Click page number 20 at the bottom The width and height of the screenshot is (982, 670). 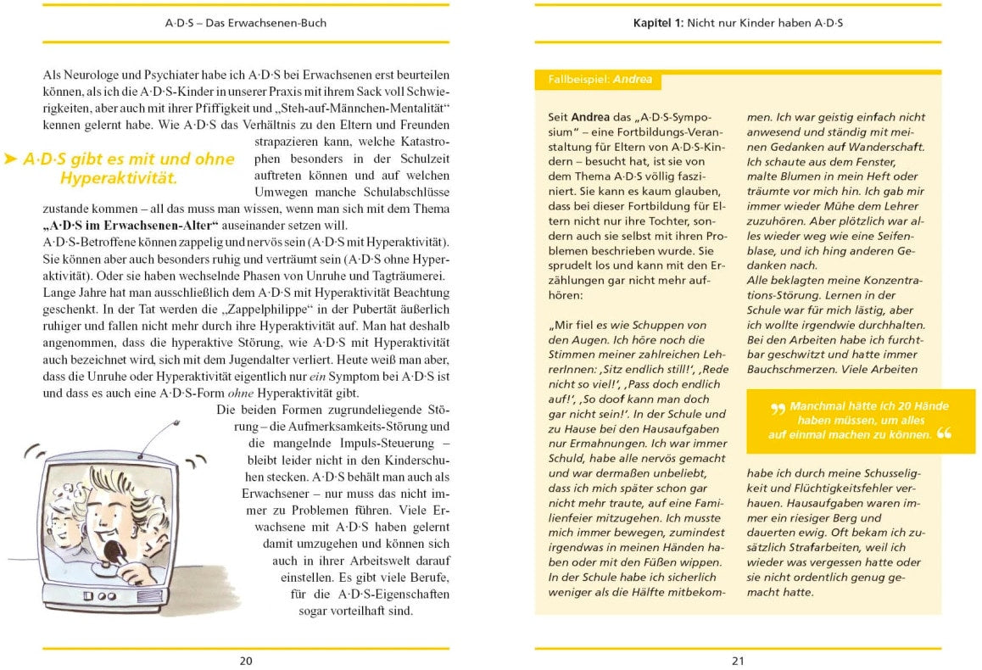click(246, 661)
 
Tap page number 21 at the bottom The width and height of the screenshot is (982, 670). click(738, 661)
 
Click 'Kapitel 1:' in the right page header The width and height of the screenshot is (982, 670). click(663, 23)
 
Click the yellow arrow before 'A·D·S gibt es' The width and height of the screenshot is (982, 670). click(10, 159)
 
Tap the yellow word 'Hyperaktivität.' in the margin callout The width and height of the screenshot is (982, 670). click(118, 178)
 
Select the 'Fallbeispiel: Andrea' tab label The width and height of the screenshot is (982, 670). click(598, 80)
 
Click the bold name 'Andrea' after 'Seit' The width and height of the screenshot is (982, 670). click(589, 117)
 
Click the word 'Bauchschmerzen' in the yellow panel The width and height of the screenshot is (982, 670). click(789, 370)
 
